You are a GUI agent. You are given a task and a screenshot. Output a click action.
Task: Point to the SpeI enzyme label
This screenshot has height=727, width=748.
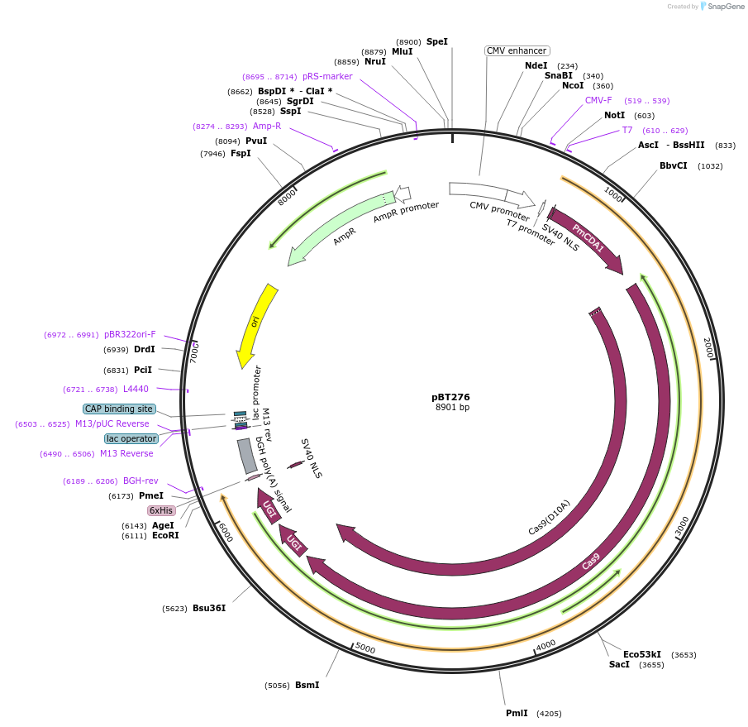coord(436,41)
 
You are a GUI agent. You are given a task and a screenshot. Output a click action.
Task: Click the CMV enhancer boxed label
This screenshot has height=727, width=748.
coord(517,51)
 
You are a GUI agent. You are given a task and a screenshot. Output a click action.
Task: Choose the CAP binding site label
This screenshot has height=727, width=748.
coord(119,409)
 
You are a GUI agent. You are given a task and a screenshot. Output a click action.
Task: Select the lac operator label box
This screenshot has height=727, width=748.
coord(131,438)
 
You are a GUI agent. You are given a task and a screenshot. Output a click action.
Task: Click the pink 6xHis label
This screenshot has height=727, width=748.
coord(161,510)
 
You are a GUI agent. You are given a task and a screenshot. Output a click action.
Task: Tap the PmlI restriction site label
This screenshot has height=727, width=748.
coord(517,713)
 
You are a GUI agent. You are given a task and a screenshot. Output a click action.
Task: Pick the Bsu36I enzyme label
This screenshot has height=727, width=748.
coord(209,609)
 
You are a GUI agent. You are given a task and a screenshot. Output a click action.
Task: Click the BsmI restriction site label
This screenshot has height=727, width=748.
coord(307,685)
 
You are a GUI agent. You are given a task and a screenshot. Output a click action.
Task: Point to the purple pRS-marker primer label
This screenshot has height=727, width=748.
coord(327,76)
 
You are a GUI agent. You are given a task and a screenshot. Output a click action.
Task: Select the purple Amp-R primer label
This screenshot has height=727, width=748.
coord(267,126)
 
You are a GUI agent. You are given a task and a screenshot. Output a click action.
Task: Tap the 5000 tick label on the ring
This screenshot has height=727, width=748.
coord(364,649)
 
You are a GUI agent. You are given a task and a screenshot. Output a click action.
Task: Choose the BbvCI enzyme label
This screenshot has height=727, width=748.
coord(673,165)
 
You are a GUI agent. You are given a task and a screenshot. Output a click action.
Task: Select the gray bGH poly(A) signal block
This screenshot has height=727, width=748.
coord(246,456)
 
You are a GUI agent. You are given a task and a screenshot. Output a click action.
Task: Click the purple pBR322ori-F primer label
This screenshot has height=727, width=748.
coord(130,335)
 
